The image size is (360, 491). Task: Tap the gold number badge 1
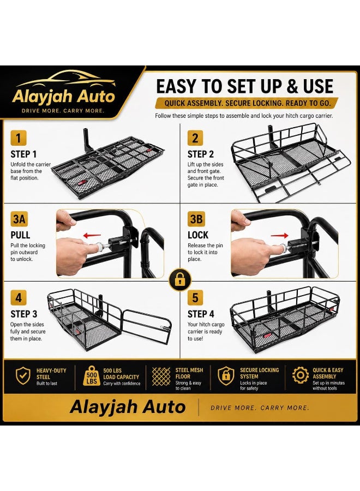click(x=19, y=138)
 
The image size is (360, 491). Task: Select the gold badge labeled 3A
click(x=19, y=219)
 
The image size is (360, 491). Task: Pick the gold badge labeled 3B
click(x=196, y=219)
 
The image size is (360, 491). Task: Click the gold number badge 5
click(x=195, y=297)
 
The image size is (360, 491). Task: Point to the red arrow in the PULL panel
click(x=92, y=236)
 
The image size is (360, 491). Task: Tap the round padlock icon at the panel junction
click(x=180, y=279)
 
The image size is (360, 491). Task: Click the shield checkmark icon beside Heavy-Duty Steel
click(x=23, y=375)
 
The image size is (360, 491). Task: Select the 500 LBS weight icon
click(x=92, y=375)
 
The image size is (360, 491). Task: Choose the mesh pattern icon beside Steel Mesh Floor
click(x=161, y=376)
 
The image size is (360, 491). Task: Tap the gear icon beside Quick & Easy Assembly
click(x=301, y=375)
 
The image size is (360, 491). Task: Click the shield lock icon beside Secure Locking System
click(x=226, y=375)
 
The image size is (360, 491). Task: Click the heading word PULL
click(x=20, y=235)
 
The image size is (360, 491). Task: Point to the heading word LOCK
click(x=198, y=235)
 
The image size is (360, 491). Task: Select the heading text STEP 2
click(x=201, y=154)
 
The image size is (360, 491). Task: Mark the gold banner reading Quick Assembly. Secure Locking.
click(x=247, y=103)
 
